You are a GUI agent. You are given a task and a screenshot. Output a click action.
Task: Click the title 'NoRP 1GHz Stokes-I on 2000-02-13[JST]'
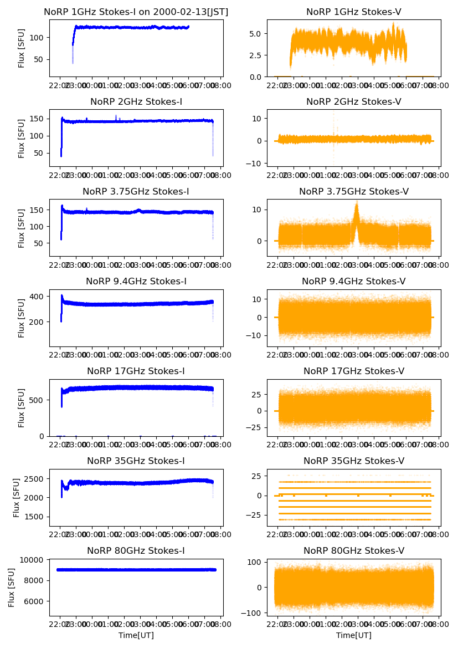[136, 12]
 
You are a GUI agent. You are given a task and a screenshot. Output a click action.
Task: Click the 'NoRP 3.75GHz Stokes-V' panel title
[354, 191]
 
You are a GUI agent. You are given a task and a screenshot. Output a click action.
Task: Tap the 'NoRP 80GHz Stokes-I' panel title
[136, 550]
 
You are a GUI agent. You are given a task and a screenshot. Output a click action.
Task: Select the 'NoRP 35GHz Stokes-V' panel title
[354, 461]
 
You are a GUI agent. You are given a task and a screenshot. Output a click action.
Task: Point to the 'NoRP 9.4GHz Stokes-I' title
[136, 281]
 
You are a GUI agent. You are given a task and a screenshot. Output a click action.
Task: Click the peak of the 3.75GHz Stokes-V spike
[357, 203]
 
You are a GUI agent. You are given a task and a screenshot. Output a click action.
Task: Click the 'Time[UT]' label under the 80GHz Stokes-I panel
[136, 635]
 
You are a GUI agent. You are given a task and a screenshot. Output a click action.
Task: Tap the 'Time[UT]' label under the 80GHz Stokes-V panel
[354, 635]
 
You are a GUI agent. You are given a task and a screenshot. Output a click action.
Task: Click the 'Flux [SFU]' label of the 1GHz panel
[22, 48]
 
